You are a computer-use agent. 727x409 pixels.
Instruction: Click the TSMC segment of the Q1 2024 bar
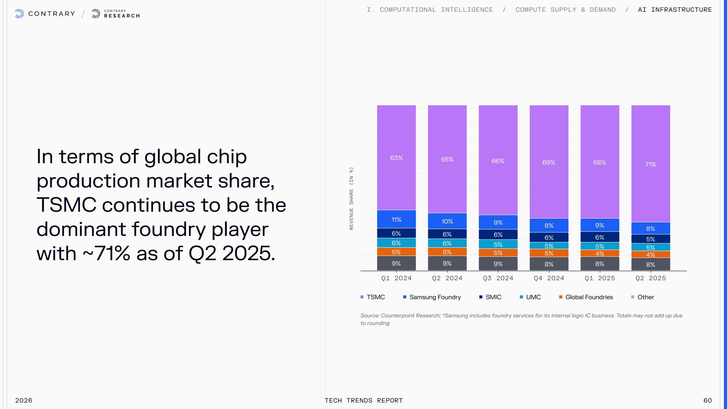[396, 158]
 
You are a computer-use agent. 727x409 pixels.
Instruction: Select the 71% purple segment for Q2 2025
[651, 164]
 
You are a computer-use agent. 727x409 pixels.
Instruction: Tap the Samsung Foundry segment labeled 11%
[396, 219]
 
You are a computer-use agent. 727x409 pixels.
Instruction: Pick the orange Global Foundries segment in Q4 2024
[549, 253]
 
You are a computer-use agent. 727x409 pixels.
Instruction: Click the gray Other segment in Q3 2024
[498, 264]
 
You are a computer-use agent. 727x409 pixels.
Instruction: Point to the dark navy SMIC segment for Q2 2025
[651, 239]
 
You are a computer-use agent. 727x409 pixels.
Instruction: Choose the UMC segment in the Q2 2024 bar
[447, 243]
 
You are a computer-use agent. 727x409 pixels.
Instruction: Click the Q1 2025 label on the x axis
[600, 278]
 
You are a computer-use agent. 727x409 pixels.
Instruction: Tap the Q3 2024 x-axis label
[498, 278]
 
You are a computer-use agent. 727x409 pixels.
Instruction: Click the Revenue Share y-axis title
[351, 198]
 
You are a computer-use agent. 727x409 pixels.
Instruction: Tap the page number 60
[707, 400]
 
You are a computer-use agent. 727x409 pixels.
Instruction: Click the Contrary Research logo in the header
[116, 14]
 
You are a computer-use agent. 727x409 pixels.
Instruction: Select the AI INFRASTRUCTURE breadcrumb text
[675, 10]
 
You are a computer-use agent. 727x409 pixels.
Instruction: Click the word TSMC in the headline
[66, 205]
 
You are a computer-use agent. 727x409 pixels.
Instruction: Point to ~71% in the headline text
[106, 253]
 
